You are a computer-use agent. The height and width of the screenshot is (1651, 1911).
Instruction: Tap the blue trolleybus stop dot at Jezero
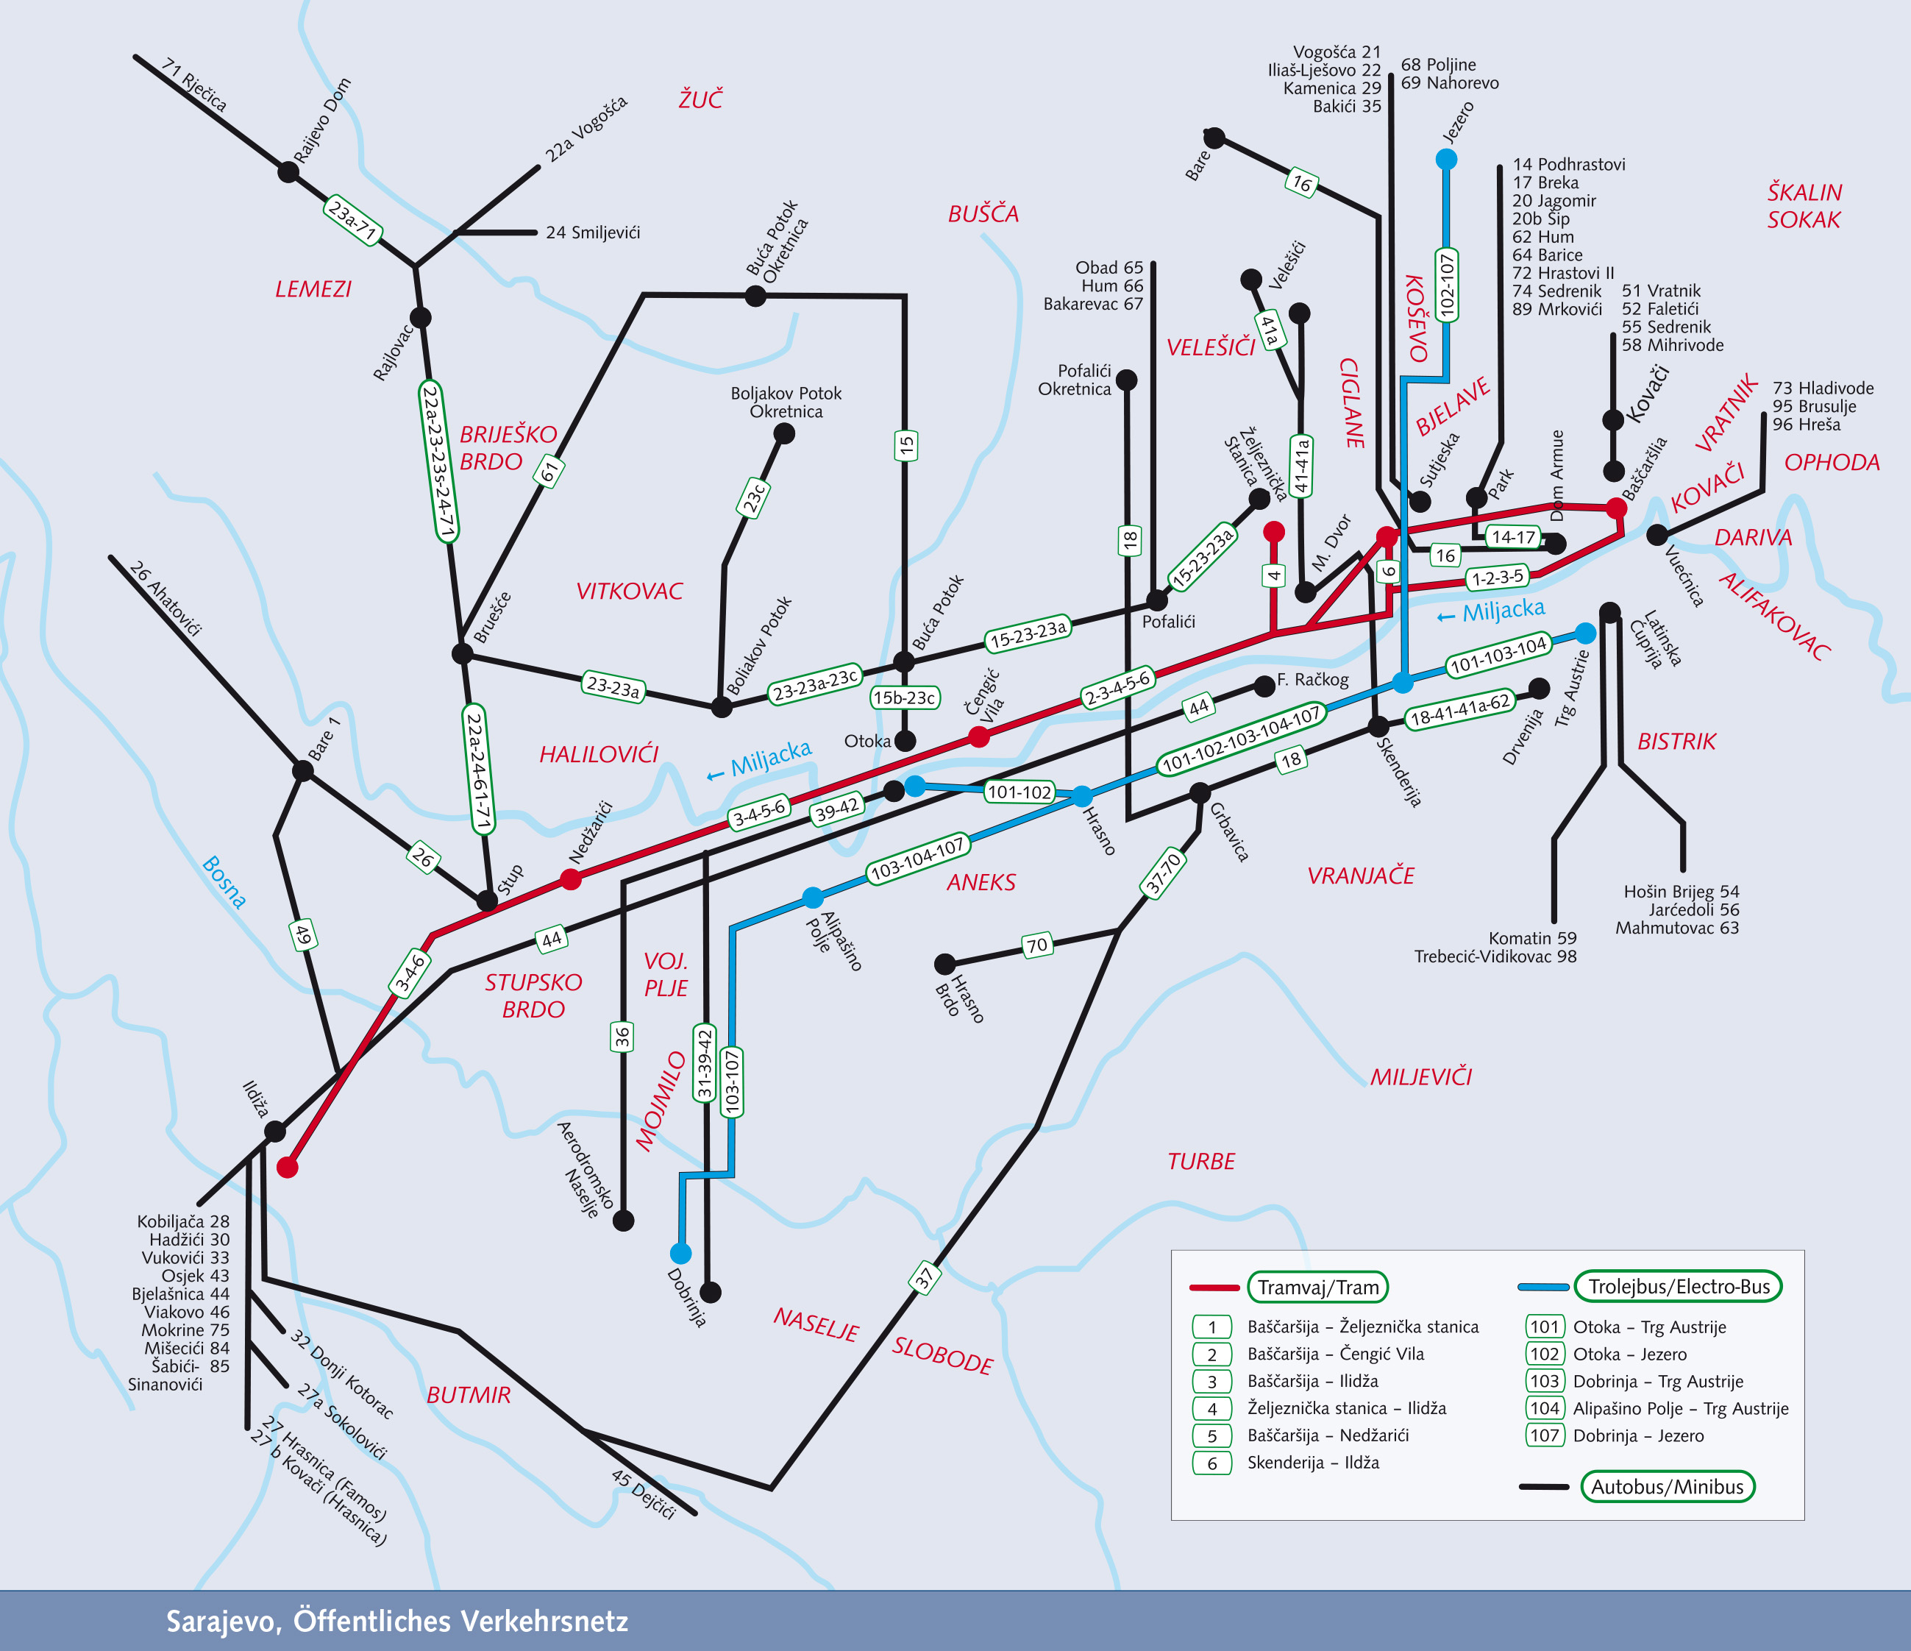tap(1446, 160)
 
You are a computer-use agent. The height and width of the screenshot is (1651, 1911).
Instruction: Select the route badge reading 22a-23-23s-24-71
tap(439, 461)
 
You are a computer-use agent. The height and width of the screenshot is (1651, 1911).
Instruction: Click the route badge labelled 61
tap(549, 472)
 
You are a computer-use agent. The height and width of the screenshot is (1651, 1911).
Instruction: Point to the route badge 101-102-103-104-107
tap(1242, 738)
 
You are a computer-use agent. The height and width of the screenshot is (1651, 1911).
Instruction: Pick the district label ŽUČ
tap(700, 99)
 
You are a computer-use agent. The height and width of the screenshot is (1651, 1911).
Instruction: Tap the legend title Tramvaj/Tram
tap(1317, 1287)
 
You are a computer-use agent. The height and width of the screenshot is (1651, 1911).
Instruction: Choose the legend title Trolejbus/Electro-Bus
tap(1679, 1286)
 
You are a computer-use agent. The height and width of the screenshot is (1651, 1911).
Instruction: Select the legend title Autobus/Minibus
tap(1667, 1486)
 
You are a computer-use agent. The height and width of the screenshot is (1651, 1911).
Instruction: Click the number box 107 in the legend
tap(1544, 1435)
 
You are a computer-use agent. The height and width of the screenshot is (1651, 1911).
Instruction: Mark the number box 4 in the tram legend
tap(1212, 1408)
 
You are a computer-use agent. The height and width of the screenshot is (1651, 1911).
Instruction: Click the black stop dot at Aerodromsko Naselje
tap(624, 1221)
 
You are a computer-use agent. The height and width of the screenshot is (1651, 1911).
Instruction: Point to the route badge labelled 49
tap(302, 935)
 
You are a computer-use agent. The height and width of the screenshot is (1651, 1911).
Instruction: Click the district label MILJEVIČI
tap(1420, 1076)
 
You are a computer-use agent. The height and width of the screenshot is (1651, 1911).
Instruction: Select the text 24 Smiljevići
tap(592, 232)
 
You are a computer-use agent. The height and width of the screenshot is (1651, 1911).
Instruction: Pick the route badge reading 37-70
tap(1162, 873)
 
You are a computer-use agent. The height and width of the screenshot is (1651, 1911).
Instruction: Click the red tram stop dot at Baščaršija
tap(1616, 508)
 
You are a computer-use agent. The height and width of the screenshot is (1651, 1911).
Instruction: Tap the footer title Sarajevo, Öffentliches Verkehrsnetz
tap(396, 1621)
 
